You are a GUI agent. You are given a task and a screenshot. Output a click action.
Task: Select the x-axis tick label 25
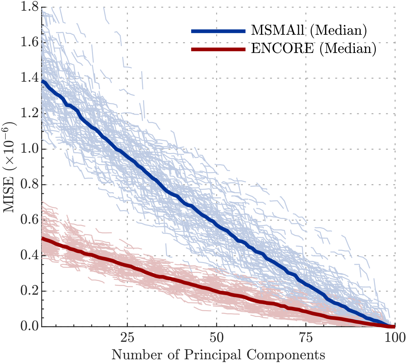coord(127,338)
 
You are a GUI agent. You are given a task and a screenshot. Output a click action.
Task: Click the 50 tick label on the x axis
coord(217,338)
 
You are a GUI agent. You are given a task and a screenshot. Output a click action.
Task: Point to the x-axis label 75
coord(306,338)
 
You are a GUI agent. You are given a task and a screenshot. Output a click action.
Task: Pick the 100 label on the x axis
coord(394,338)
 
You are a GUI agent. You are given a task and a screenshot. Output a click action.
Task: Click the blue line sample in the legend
coord(218,31)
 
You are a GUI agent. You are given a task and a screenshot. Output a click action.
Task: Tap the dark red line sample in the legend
coord(218,49)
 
